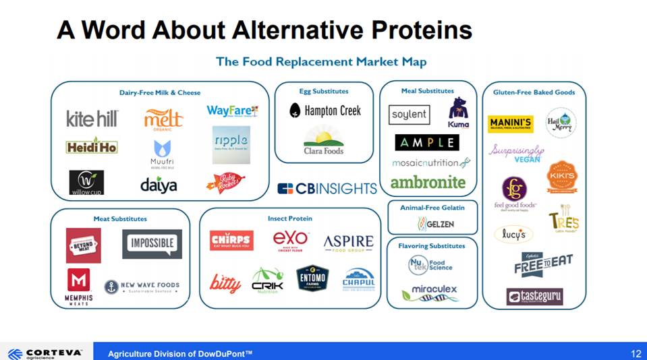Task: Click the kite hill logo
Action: [92, 119]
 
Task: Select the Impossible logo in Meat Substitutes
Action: [152, 243]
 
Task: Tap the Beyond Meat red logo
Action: [83, 245]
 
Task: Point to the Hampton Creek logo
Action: [325, 110]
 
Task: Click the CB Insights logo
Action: [327, 189]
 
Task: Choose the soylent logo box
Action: [410, 115]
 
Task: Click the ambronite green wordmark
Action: [428, 182]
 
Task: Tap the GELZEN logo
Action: [435, 224]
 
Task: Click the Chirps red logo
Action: [231, 241]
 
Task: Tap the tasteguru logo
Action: [534, 296]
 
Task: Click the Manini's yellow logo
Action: [511, 124]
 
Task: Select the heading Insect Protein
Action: [289, 218]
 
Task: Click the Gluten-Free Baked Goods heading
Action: [534, 92]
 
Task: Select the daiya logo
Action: [159, 184]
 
